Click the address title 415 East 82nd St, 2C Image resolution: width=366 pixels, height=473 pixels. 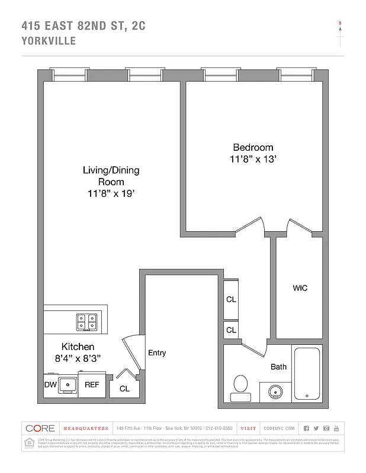84,25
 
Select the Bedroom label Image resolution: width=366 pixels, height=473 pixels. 253,147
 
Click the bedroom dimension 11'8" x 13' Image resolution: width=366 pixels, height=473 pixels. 253,159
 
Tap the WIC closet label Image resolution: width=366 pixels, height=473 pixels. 300,288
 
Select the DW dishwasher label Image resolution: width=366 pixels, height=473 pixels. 51,384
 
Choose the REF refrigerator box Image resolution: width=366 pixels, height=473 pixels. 92,384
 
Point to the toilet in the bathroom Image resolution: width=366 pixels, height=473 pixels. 241,384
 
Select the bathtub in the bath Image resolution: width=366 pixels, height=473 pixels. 307,374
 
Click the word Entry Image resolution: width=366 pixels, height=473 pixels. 157,353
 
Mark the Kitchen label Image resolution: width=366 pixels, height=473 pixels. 78,346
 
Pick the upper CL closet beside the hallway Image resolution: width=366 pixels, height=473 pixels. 231,299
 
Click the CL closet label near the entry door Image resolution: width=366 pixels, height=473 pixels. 124,388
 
